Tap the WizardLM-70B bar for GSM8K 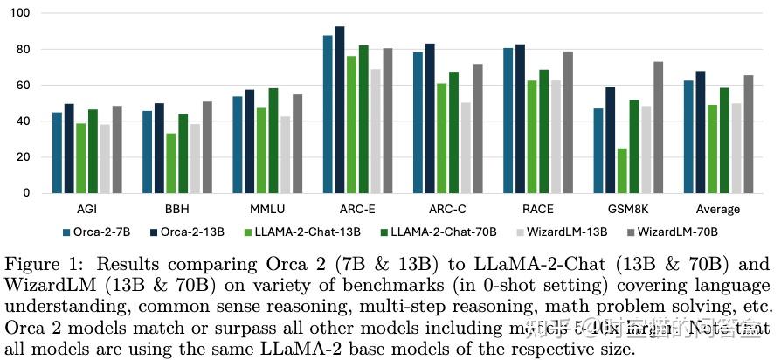658,128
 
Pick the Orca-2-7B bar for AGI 57,152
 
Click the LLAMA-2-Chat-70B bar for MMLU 273,140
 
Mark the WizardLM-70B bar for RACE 568,122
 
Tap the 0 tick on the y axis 25,193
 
